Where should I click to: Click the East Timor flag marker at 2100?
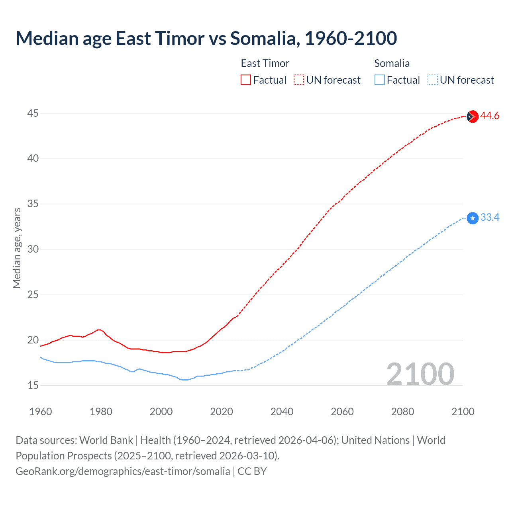coord(472,116)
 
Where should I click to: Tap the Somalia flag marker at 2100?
coord(472,218)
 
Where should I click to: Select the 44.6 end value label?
coord(490,116)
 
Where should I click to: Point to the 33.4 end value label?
coord(490,218)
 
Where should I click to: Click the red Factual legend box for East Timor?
coord(246,80)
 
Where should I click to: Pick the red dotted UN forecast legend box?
coord(299,80)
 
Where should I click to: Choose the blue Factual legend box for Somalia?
coord(379,80)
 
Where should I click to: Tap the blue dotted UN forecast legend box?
coord(432,80)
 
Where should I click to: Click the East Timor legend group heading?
coord(265,63)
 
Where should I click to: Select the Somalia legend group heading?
coord(392,63)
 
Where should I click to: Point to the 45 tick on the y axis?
coord(33,114)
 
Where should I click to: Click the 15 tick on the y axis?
coord(33,385)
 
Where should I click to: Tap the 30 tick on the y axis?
coord(33,249)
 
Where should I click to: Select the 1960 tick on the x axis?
coord(41,412)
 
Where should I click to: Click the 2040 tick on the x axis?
coord(282,412)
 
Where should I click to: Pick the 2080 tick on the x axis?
coord(402,412)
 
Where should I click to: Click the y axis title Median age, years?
coord(17,248)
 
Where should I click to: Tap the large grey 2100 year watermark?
coord(420,374)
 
